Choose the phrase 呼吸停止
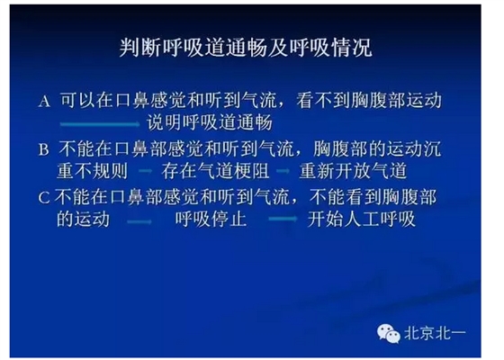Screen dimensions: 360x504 click(x=206, y=219)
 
